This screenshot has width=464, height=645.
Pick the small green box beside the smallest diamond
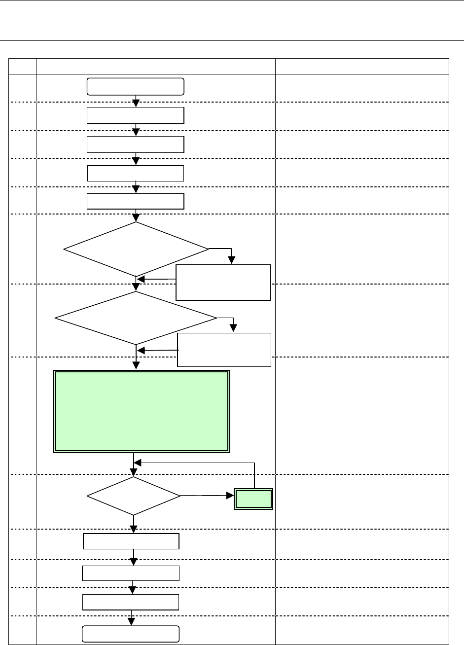(253, 499)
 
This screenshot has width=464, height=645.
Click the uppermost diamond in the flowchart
(136, 249)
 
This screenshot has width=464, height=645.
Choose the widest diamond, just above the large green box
(136, 318)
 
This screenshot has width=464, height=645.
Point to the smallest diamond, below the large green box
(133, 496)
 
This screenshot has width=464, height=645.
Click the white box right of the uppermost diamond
(223, 282)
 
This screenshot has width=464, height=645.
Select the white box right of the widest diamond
(224, 350)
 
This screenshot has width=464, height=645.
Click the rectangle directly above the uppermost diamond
(136, 201)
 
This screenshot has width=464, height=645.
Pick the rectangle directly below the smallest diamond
(131, 541)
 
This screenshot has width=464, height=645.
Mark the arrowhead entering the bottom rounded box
(132, 623)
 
